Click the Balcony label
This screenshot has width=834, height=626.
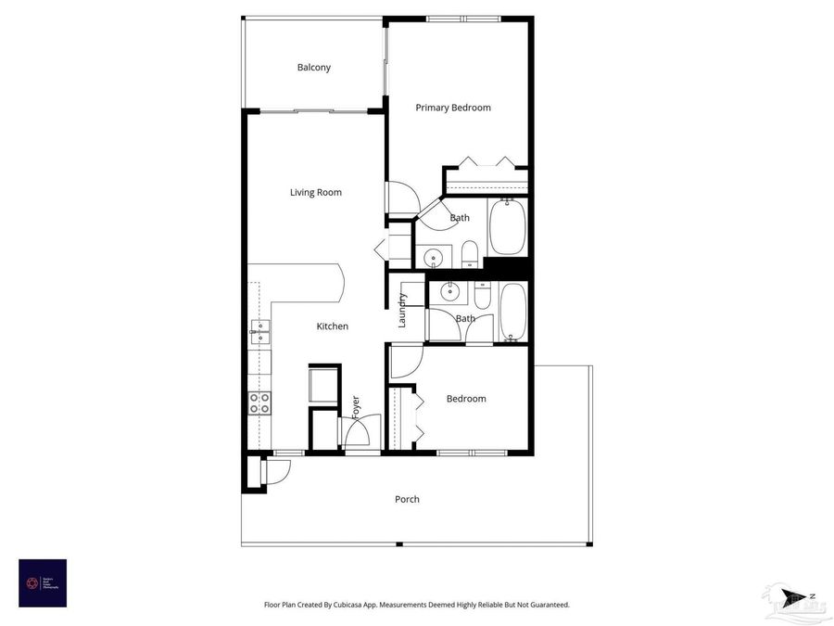(x=313, y=68)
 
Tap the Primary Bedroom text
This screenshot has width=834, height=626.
(x=452, y=108)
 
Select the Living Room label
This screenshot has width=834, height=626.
(x=315, y=193)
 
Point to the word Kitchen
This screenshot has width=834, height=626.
(x=332, y=326)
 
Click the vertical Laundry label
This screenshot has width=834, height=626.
(x=402, y=311)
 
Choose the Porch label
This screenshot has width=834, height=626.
(x=407, y=499)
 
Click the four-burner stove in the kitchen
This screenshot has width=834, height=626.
(x=260, y=402)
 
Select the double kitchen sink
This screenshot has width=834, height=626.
(x=259, y=327)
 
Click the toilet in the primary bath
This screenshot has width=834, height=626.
(x=469, y=253)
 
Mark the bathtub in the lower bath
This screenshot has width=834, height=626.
(x=512, y=312)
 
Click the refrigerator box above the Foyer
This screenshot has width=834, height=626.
(x=323, y=385)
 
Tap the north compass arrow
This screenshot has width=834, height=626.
(x=793, y=597)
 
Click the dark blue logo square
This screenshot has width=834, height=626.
(x=43, y=582)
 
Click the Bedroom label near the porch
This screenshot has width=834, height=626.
(x=465, y=399)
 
